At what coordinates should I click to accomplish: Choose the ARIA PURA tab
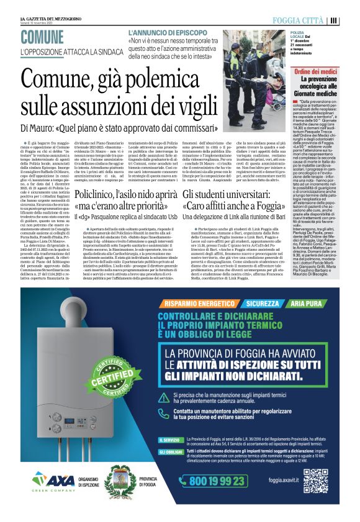pos(308,304)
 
